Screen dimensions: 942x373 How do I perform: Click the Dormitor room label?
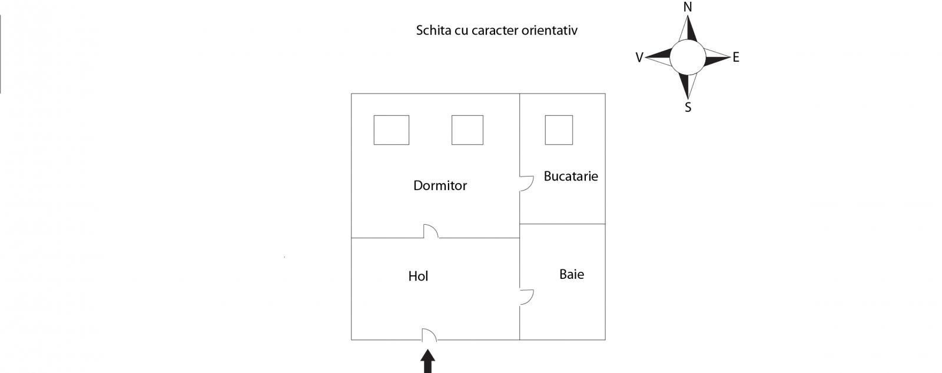pos(440,185)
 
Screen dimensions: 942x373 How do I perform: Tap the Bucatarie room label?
pos(570,176)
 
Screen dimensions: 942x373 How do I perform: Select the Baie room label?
pos(572,274)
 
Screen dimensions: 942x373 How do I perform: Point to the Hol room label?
pos(418,276)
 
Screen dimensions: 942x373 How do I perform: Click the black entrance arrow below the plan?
pos(427,361)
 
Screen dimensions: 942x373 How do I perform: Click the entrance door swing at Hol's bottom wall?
pos(433,332)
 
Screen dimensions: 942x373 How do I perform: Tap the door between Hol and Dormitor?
pos(434,229)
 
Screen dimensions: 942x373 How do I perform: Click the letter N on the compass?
pos(688,7)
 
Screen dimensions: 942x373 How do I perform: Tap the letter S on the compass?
pos(688,108)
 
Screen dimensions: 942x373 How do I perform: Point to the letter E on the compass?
pos(736,57)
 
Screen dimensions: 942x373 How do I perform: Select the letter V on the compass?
pos(639,58)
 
